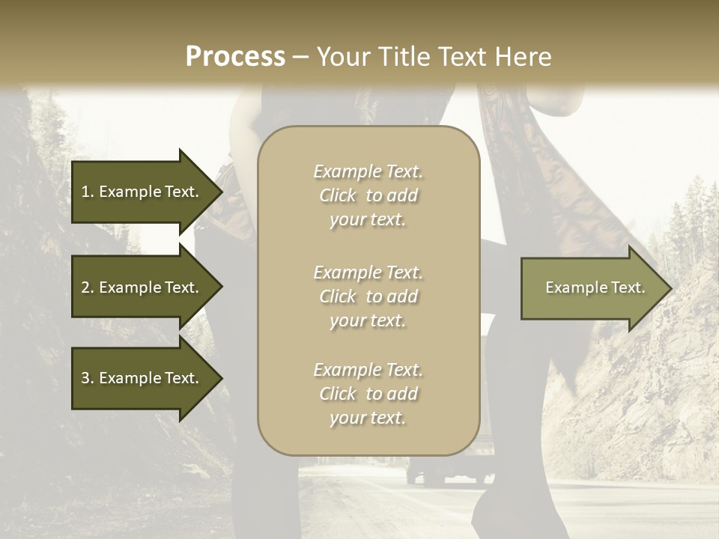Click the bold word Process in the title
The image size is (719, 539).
pos(235,57)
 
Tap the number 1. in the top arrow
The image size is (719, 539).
pos(88,192)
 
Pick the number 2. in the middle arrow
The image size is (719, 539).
pos(88,287)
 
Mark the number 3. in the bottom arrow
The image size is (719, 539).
pos(88,378)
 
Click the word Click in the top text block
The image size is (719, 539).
pos(338,195)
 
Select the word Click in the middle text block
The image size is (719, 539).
pos(338,296)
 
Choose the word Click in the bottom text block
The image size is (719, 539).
pos(338,394)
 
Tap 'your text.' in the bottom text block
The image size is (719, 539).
pos(368,418)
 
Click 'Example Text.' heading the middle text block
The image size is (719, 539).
pos(368,272)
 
